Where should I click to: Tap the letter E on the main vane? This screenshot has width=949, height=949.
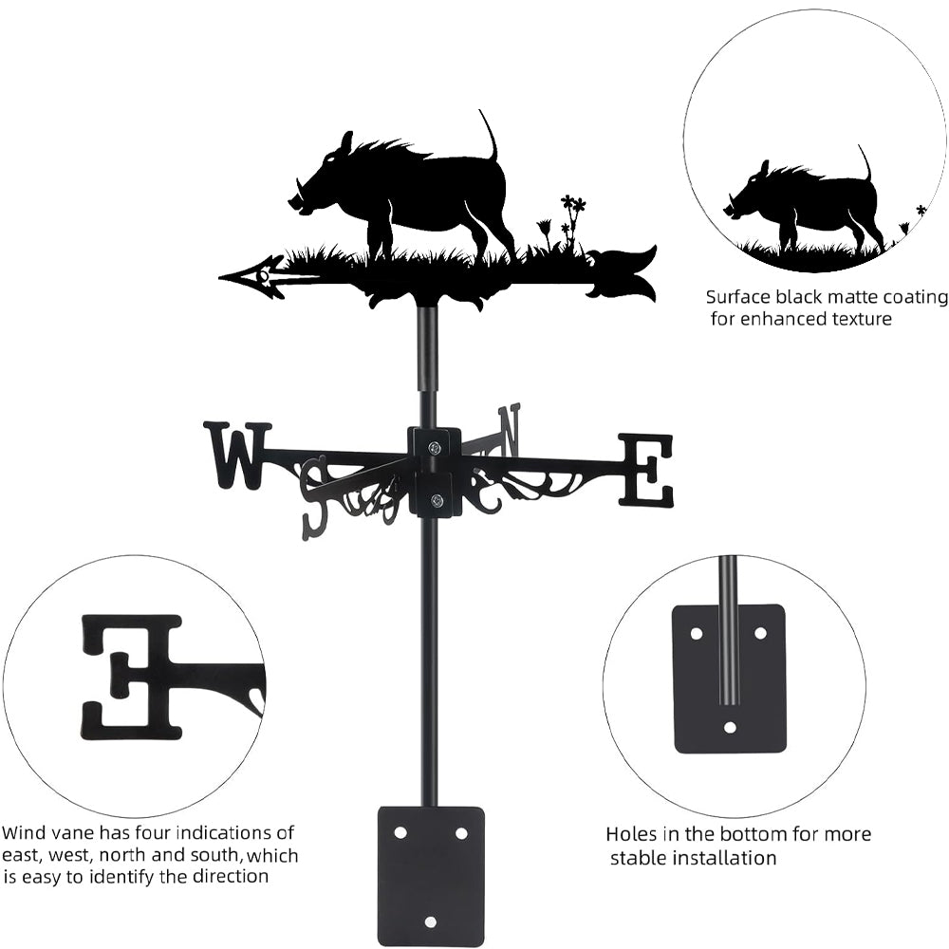[645, 470]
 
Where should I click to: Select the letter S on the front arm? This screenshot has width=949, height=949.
[317, 499]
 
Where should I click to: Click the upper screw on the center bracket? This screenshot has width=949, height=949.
[434, 448]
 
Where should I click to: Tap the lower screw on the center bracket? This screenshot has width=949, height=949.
[435, 500]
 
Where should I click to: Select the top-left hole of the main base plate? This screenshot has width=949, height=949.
[400, 833]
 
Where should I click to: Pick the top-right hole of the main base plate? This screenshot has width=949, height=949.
[461, 833]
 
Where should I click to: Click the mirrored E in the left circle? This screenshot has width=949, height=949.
[132, 677]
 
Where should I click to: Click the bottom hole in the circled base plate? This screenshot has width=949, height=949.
[730, 726]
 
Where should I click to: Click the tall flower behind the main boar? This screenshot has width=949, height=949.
[572, 221]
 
